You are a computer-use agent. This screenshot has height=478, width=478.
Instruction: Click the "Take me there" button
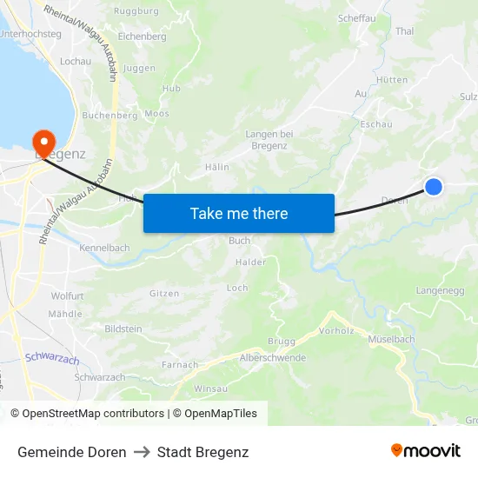click(x=239, y=213)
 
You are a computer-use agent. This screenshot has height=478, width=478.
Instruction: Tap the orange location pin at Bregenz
click(x=42, y=142)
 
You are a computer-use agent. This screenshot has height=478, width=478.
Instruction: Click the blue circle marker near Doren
click(x=433, y=186)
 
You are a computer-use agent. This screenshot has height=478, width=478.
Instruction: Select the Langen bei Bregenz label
click(x=269, y=139)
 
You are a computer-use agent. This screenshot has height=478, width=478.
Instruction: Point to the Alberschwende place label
click(x=272, y=358)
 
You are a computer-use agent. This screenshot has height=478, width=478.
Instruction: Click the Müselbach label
click(x=391, y=339)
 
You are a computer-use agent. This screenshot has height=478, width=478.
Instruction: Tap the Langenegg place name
click(x=441, y=290)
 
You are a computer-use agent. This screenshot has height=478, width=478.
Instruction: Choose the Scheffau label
click(x=355, y=17)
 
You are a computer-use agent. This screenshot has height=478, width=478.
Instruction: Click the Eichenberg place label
click(x=142, y=37)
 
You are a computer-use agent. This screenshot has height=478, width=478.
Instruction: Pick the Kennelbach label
click(x=104, y=249)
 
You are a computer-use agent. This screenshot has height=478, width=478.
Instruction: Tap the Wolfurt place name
click(x=67, y=296)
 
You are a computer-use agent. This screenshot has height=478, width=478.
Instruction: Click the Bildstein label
click(x=123, y=329)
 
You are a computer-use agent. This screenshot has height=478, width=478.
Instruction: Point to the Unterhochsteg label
click(x=30, y=34)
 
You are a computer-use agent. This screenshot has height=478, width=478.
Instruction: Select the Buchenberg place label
click(x=110, y=115)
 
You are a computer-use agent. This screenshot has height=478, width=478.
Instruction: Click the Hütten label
click(x=393, y=79)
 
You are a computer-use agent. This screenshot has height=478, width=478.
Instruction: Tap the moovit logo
click(x=425, y=451)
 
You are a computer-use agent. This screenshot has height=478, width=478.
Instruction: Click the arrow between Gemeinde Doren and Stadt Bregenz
click(x=142, y=452)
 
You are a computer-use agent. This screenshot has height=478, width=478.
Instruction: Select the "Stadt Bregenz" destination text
click(x=202, y=452)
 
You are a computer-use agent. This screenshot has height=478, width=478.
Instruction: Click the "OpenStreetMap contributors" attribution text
click(x=92, y=414)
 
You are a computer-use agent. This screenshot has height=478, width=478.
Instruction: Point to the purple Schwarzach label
click(x=52, y=358)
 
